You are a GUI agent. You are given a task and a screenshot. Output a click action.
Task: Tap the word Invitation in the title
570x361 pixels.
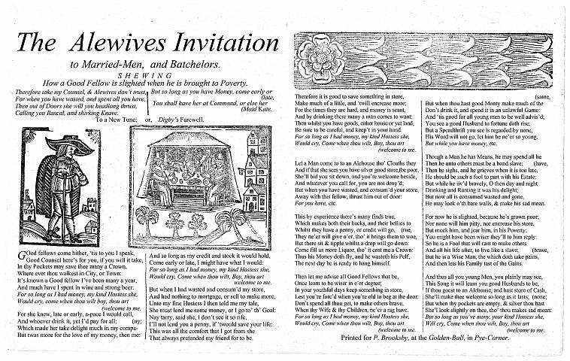pyautogui.click(x=226, y=44)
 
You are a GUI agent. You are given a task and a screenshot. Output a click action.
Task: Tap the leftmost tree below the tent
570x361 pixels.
pyautogui.click(x=147, y=218)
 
